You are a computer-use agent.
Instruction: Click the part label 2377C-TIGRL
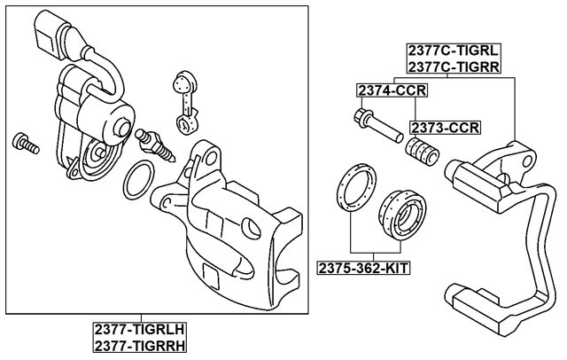point(452,51)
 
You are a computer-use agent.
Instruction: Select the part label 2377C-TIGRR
point(452,67)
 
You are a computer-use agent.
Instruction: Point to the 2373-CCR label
point(445,127)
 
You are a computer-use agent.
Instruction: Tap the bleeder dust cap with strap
point(184,94)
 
